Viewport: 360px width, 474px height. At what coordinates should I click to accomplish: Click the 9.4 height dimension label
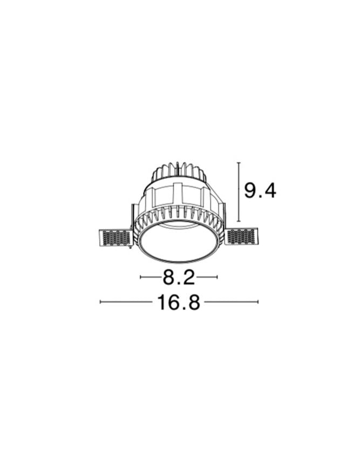click(x=260, y=191)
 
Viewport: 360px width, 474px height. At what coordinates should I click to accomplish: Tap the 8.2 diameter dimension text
click(x=179, y=277)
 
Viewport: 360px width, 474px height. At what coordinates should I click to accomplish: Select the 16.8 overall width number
click(x=179, y=302)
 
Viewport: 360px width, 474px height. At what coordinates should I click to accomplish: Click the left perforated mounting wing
click(x=116, y=237)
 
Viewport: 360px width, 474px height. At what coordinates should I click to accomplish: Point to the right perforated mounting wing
click(x=242, y=237)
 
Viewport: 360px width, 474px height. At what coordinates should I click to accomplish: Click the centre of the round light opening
click(x=179, y=242)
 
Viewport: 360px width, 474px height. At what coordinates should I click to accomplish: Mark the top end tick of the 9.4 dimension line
click(x=239, y=163)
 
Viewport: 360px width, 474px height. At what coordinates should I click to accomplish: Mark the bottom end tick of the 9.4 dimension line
click(x=239, y=221)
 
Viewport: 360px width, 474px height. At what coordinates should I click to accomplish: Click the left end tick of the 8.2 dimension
click(x=141, y=277)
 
